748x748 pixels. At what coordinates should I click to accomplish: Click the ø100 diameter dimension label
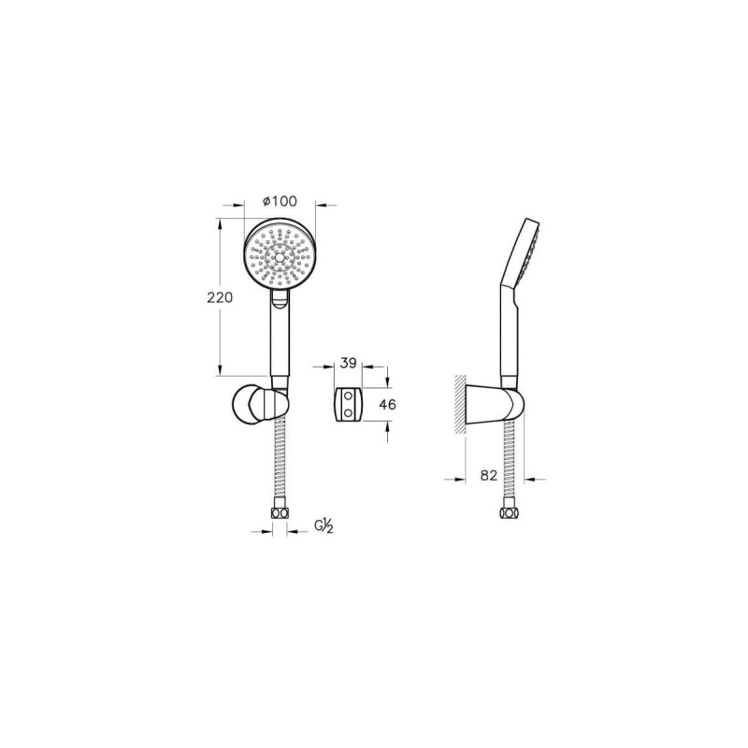(280, 201)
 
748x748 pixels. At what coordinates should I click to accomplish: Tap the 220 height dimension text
(220, 297)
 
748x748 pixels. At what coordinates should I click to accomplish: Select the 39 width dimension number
(348, 363)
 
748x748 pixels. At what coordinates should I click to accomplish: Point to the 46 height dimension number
(387, 405)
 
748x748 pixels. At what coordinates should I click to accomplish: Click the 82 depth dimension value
(489, 475)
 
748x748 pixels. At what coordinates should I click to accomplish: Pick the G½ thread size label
(324, 525)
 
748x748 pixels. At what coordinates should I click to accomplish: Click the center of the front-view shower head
(279, 255)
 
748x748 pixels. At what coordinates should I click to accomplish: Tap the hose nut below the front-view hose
(280, 513)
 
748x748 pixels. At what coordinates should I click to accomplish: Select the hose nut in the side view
(509, 513)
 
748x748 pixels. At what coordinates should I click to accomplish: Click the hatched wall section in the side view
(459, 404)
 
